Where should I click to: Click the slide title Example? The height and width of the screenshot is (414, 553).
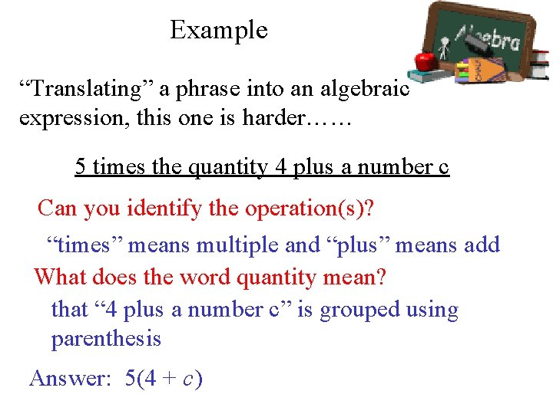click(219, 30)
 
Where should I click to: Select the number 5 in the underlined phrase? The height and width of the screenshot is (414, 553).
click(81, 166)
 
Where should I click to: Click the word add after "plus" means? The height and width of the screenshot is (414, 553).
click(482, 245)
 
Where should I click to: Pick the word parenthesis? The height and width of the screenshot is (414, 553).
click(106, 339)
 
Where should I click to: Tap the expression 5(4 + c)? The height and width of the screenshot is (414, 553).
click(164, 378)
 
